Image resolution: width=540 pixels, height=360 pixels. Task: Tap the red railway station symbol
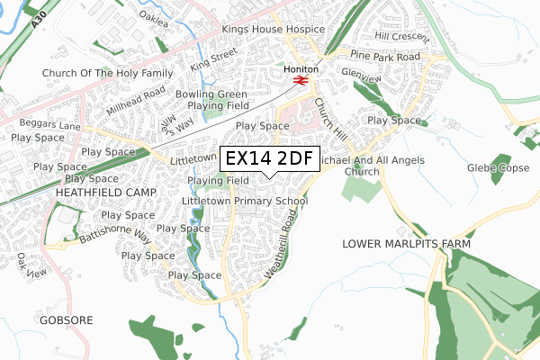(x=300, y=79)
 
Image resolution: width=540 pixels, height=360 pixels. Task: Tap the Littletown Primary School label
(x=244, y=202)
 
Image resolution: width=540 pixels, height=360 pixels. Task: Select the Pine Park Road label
(x=386, y=57)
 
